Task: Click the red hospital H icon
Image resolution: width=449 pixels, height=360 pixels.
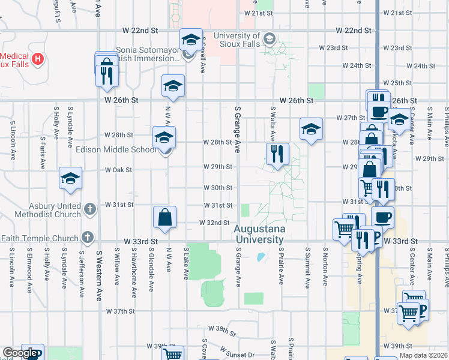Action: tap(38, 58)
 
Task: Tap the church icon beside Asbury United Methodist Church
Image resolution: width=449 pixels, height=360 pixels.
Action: tap(90, 209)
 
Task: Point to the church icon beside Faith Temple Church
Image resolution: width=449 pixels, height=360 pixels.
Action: tap(89, 238)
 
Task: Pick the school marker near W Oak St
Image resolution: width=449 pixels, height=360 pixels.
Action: tap(70, 179)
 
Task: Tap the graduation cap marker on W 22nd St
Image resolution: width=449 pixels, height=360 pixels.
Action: tap(191, 40)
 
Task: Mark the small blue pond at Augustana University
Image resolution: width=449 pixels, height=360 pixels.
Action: tap(260, 258)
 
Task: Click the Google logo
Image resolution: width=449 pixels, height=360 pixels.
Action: tap(20, 353)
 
